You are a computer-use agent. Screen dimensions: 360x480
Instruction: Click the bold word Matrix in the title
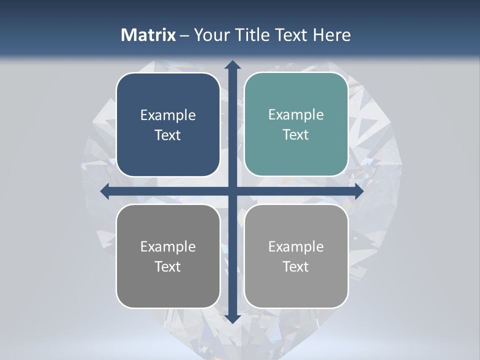(148, 35)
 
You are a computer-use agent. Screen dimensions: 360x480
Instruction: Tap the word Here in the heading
(331, 35)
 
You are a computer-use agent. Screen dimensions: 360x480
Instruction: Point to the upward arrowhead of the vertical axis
(232, 64)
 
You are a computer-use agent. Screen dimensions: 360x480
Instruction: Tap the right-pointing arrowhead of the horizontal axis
(358, 191)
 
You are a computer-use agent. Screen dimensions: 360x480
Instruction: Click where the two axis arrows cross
(232, 191)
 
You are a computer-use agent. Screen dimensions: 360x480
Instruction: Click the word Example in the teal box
(296, 115)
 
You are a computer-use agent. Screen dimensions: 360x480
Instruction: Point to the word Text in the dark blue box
(168, 135)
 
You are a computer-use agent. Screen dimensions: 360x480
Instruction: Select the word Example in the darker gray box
(168, 246)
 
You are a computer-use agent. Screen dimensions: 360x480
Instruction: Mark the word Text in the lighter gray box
(296, 266)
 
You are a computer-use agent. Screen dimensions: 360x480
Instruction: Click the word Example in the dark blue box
(168, 115)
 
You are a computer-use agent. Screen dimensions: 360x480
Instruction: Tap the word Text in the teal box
(296, 135)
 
